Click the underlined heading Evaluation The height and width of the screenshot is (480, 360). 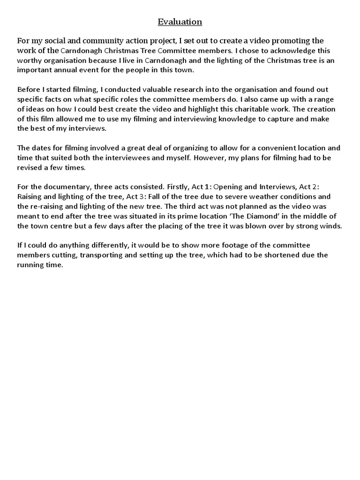pos(180,22)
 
